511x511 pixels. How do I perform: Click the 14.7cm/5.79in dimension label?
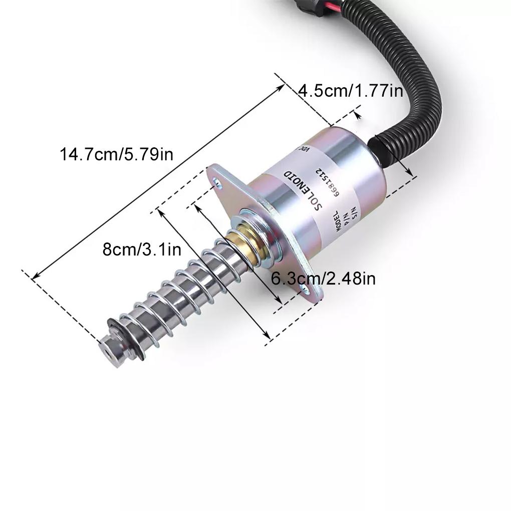point(117,153)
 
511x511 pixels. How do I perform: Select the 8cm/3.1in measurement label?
point(142,249)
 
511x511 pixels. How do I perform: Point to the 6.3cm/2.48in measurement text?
point(323,278)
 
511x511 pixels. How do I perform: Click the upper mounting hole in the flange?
point(216,182)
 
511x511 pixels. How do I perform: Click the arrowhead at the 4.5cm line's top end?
point(357,115)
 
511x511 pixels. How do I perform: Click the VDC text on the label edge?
point(304,148)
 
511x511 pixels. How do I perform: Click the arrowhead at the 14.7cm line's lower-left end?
point(34,277)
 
